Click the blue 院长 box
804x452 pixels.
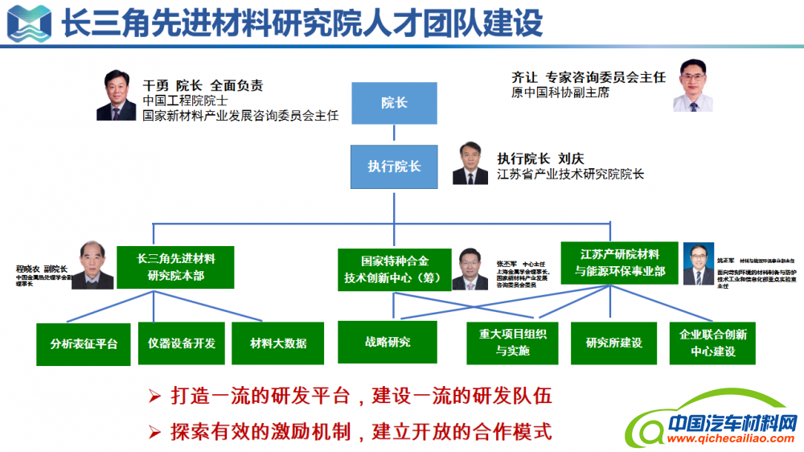[394, 103]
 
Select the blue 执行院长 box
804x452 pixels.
[394, 166]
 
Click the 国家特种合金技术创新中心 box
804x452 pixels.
[394, 269]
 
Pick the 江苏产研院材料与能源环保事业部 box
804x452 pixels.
[620, 263]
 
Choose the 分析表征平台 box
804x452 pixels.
[84, 343]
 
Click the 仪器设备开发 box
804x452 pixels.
[182, 343]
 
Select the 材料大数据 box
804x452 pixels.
[278, 343]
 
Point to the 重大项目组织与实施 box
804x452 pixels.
[512, 343]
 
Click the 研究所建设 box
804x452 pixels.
[619, 343]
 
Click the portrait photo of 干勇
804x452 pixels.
[116, 96]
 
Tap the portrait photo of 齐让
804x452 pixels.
[693, 85]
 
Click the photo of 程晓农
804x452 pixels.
[92, 265]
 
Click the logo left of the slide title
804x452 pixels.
[27, 23]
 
